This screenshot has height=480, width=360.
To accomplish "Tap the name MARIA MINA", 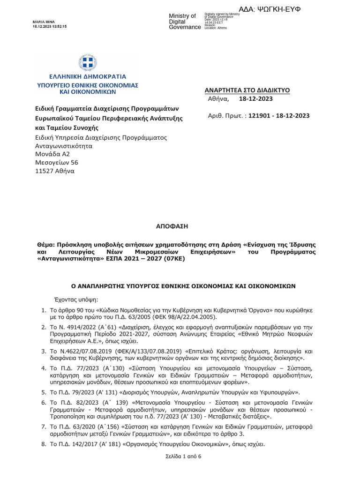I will (43, 22).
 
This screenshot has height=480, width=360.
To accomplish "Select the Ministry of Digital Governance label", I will (184, 22).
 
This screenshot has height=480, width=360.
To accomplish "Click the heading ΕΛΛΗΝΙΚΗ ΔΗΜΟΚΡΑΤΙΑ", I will (87, 75).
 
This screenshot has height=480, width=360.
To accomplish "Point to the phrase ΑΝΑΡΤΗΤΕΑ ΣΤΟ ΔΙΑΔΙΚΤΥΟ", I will (247, 90).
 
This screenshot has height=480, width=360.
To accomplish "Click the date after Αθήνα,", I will (255, 99).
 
